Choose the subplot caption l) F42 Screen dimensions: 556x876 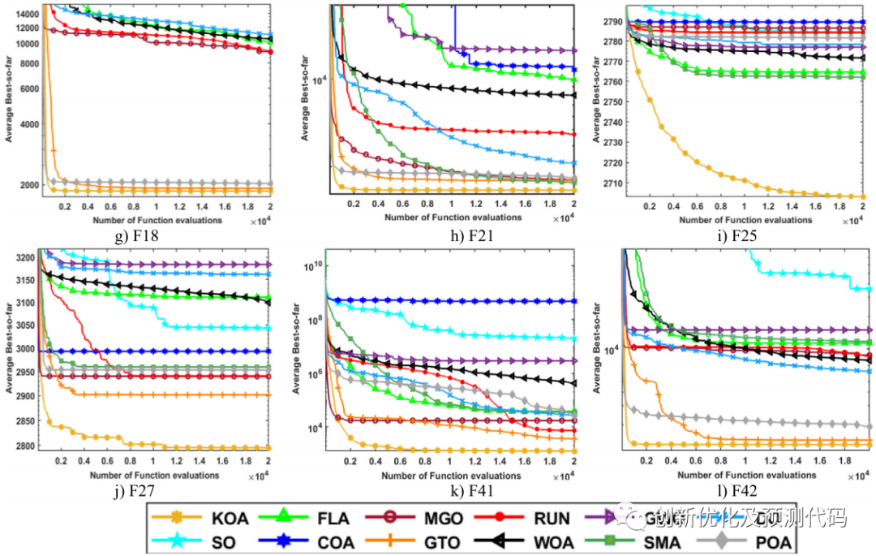746,490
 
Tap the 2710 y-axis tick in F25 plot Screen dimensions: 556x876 612,183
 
